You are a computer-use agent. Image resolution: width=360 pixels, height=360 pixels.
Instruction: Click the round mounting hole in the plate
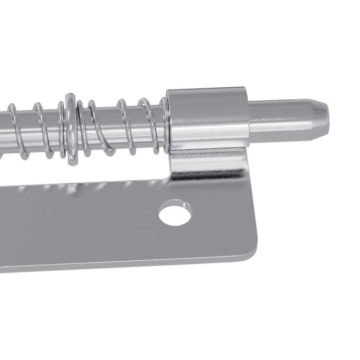175,214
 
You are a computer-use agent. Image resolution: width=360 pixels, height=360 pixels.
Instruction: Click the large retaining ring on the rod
70,129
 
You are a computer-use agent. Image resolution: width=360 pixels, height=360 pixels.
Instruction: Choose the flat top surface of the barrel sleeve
206,93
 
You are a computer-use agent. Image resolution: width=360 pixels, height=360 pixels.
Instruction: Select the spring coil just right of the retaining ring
82,129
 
